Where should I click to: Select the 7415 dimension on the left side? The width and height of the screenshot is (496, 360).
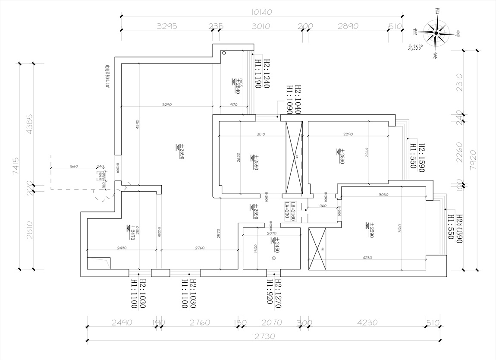tap(16, 166)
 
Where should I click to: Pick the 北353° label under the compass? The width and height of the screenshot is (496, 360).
tap(416, 47)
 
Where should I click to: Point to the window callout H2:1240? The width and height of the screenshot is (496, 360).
tap(266, 74)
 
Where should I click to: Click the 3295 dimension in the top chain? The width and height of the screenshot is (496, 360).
tap(167, 26)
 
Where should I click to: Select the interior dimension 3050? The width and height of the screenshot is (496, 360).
tap(383, 195)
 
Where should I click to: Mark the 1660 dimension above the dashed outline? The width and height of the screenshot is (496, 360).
tap(73, 166)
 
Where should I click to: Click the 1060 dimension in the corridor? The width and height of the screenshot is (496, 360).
tap(322, 205)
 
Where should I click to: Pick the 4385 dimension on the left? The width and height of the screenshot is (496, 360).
tap(29, 125)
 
